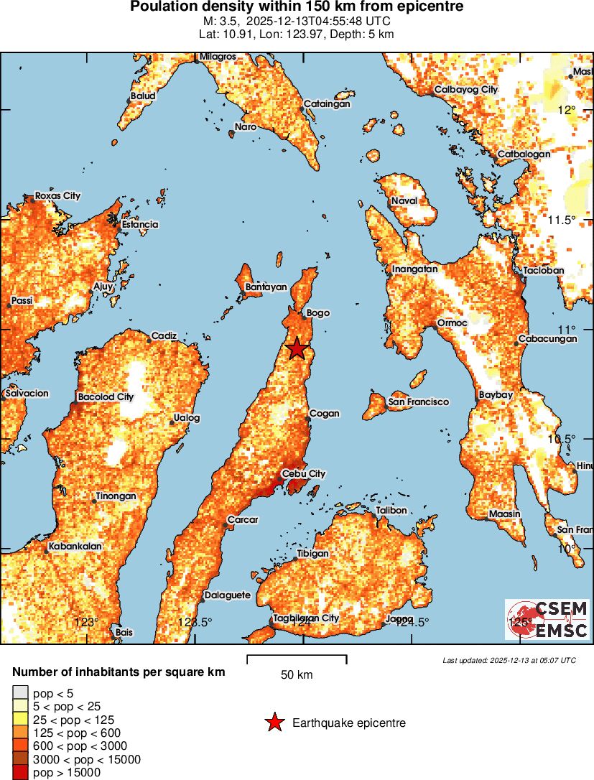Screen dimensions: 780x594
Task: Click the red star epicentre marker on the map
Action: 297,349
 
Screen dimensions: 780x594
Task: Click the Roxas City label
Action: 57,196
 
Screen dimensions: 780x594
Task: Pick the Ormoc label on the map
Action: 452,323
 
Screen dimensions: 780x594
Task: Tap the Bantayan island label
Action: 266,287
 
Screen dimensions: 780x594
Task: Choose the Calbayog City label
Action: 465,90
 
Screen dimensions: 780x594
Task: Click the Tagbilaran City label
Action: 306,618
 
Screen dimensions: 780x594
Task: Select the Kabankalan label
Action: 75,547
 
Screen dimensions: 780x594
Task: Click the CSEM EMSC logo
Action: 547,620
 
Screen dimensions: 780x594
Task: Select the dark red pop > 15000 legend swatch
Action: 20,773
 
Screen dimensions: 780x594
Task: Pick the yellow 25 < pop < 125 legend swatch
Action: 20,720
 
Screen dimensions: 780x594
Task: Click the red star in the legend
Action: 274,723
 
